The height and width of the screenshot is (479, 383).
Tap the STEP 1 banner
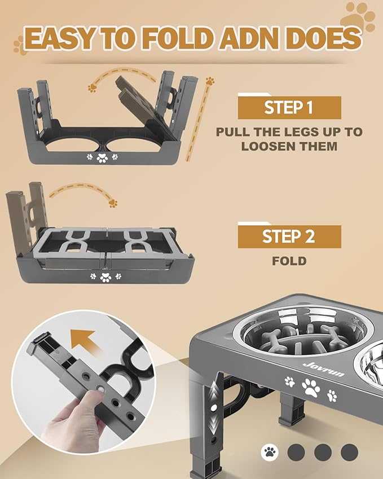[289, 107]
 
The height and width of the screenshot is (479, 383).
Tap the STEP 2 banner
[289, 236]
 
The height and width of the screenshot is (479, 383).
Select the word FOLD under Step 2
[289, 261]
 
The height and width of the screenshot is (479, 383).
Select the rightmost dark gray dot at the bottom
[349, 451]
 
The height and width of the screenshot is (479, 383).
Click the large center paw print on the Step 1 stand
[102, 158]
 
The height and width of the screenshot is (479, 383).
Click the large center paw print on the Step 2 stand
[105, 277]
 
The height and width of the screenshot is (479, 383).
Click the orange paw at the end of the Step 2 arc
[113, 202]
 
